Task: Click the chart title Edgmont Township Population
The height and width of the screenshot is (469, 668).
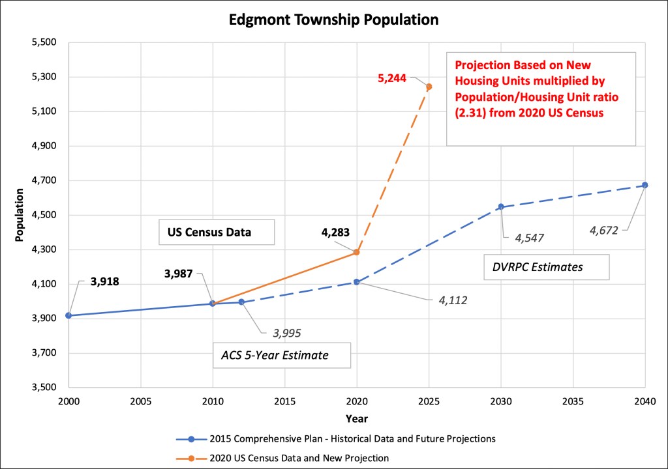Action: [x=333, y=20]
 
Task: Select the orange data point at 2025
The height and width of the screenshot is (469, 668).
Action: [x=429, y=87]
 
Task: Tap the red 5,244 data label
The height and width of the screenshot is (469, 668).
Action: [x=392, y=78]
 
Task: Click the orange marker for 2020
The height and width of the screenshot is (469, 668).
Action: [x=357, y=252]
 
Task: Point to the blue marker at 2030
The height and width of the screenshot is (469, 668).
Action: [x=501, y=206]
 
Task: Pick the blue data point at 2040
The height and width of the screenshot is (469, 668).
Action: [x=645, y=185]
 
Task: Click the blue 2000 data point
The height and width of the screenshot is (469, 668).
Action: [x=68, y=316]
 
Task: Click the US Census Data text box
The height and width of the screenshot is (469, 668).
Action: [x=217, y=232]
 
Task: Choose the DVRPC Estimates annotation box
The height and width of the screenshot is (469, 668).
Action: [x=546, y=266]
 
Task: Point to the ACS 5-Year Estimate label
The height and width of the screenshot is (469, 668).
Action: [x=281, y=356]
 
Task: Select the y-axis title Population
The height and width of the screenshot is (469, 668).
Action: [x=20, y=215]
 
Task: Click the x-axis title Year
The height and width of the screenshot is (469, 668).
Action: [x=357, y=418]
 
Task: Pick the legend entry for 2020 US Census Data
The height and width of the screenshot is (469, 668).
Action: [x=301, y=457]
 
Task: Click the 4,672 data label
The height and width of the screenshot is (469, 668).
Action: [x=604, y=230]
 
